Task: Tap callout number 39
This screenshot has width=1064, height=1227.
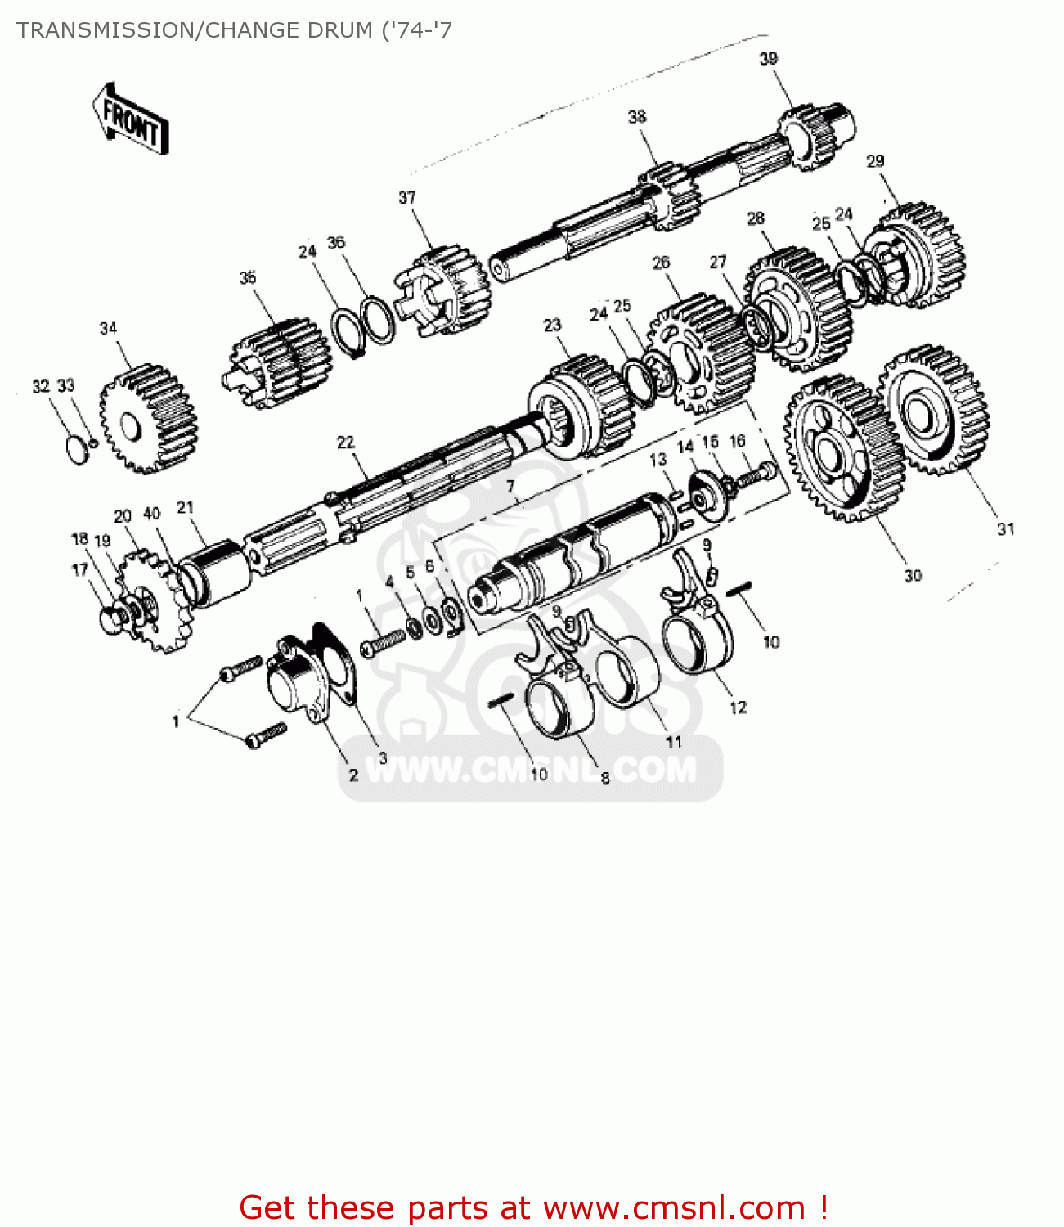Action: tap(768, 59)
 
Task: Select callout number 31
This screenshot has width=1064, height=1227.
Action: tap(1005, 529)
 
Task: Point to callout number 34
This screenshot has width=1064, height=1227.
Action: tap(108, 329)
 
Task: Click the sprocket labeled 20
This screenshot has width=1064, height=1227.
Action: tap(151, 601)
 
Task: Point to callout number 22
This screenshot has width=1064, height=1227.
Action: tap(345, 443)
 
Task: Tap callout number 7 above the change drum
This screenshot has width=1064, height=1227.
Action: tap(510, 488)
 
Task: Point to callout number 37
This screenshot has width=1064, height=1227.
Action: tap(406, 198)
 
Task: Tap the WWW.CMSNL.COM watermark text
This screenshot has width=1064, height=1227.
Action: tap(531, 770)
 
